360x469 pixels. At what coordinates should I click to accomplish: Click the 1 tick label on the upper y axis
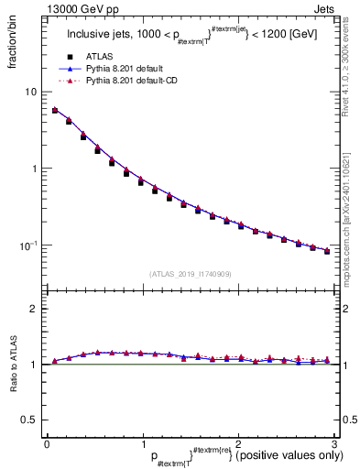coord(34,169)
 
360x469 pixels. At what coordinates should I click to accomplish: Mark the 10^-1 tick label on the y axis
coord(29,245)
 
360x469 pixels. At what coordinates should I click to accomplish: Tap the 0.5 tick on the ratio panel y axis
coord(29,420)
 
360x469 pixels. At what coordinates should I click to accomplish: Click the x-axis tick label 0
coord(47,444)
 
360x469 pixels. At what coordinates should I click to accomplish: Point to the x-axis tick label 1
coord(142,444)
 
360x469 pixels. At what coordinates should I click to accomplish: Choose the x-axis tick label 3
coord(333,444)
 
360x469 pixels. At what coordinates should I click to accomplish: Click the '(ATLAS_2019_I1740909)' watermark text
coord(190,274)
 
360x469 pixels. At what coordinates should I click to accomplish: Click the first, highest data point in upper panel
coord(55,110)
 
